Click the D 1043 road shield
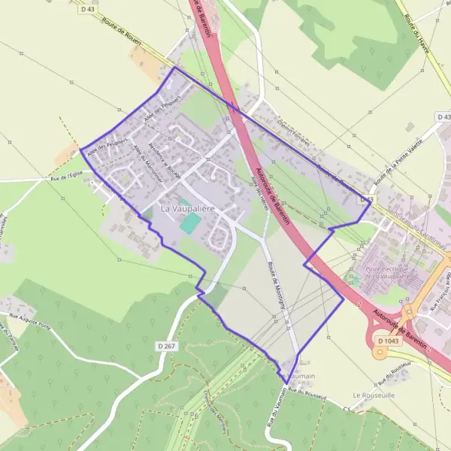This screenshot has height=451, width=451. [x=390, y=341]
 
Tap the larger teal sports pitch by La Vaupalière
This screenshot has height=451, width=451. [x=192, y=222]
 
